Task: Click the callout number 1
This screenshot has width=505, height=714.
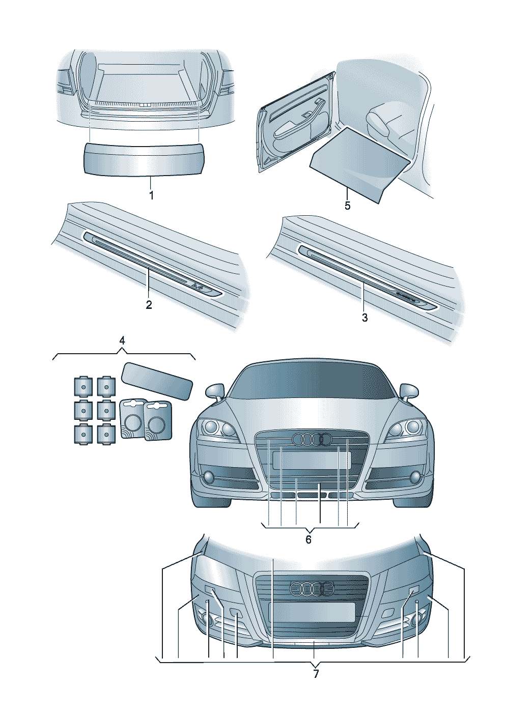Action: [x=151, y=195]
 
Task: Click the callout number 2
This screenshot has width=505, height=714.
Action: [x=149, y=305]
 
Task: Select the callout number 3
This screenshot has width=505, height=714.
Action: [x=364, y=318]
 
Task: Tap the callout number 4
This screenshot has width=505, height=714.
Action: [x=122, y=340]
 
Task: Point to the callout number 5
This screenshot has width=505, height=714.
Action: [x=347, y=206]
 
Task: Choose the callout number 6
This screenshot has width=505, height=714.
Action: [x=308, y=539]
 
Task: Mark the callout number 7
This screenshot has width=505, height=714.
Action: [x=316, y=674]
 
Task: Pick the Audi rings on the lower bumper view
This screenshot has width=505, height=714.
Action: [x=312, y=589]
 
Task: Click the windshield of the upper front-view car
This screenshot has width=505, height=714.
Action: [x=312, y=382]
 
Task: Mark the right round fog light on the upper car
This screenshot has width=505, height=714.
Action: [x=415, y=477]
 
